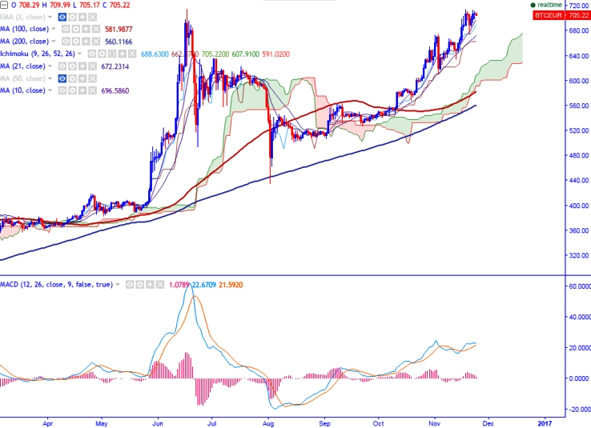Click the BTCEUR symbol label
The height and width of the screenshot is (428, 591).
click(x=549, y=15)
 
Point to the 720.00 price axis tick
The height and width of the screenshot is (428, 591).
click(x=577, y=6)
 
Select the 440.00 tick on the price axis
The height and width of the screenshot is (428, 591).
click(x=577, y=181)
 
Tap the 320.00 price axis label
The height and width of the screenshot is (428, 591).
click(x=577, y=256)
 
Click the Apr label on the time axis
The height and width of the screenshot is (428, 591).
click(x=49, y=422)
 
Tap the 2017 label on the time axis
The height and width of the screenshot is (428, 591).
click(x=545, y=422)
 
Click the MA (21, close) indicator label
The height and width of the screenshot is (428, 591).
click(x=21, y=65)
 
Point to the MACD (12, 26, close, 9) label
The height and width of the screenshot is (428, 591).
click(x=56, y=284)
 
